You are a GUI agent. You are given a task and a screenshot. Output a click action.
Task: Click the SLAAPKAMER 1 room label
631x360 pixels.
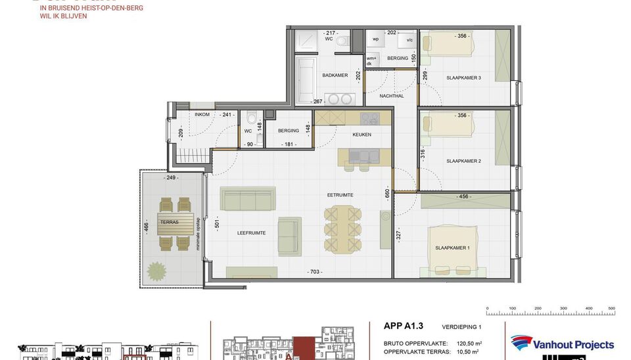point(453,248)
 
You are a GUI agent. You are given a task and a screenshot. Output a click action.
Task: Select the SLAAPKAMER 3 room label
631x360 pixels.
point(464,78)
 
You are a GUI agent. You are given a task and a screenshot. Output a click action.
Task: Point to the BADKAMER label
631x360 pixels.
point(335,76)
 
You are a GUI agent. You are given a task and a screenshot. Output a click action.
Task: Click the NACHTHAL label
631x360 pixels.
point(392,96)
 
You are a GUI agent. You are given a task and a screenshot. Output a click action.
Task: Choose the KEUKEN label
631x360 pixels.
point(362,135)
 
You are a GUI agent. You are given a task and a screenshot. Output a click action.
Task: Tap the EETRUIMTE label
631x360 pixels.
point(340,195)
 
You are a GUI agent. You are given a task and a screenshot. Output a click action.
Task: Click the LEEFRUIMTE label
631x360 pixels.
point(252,233)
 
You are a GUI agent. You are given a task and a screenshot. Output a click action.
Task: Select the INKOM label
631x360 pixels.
point(202,114)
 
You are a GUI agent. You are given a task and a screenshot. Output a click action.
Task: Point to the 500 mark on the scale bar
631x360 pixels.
point(611,307)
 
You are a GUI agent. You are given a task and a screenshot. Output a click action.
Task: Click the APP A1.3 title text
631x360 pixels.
point(403,325)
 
